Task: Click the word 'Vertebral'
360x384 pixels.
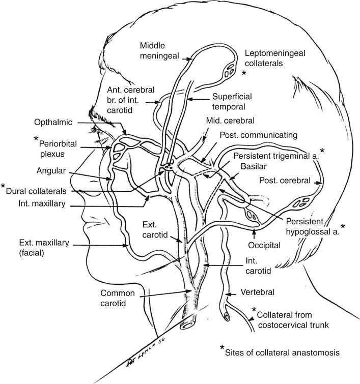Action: pos(257,292)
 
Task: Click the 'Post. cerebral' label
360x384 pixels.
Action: pos(285,180)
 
